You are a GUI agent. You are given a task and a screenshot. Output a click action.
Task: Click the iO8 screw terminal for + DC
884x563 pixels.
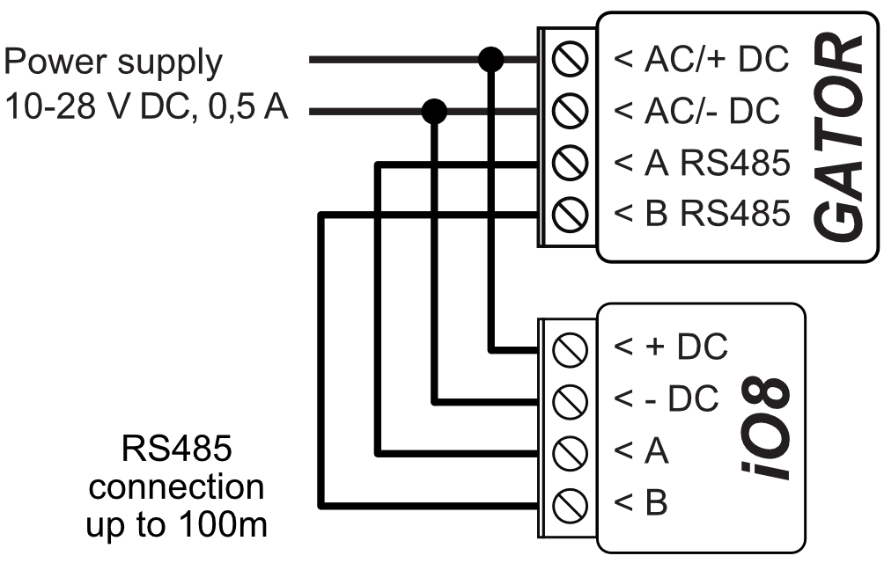pyautogui.click(x=569, y=349)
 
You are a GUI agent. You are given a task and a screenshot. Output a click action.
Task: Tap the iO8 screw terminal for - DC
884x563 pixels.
pyautogui.click(x=569, y=401)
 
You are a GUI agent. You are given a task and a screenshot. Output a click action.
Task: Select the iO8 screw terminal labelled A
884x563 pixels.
pyautogui.click(x=569, y=453)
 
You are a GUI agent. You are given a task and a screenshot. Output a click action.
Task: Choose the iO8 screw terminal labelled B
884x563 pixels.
pyautogui.click(x=569, y=505)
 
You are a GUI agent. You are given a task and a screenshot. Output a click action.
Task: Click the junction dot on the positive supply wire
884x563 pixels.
pyautogui.click(x=490, y=61)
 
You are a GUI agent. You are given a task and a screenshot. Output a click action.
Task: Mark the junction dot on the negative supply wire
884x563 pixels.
pyautogui.click(x=434, y=112)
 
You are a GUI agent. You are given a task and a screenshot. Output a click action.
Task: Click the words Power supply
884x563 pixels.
pyautogui.click(x=114, y=63)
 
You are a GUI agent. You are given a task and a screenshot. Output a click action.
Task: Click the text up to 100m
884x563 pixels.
pyautogui.click(x=176, y=525)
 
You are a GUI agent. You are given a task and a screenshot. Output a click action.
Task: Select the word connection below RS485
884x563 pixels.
pyautogui.click(x=176, y=486)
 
